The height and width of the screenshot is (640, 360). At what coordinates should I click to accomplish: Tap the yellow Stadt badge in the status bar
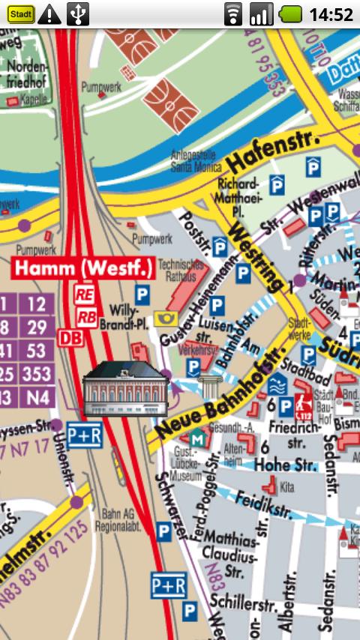[20, 13]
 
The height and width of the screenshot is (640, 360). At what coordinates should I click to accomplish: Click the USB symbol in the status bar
[78, 13]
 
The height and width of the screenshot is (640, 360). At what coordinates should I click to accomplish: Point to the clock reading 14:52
[331, 14]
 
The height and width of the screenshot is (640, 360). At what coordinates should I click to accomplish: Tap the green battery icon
[290, 13]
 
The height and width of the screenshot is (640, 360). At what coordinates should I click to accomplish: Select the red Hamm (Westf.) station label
[83, 268]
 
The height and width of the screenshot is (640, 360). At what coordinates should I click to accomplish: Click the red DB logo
[70, 338]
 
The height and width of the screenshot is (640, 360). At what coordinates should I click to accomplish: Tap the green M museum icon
[196, 439]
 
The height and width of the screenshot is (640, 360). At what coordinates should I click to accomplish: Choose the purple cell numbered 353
[37, 375]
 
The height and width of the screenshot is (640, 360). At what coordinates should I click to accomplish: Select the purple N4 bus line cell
[37, 397]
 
